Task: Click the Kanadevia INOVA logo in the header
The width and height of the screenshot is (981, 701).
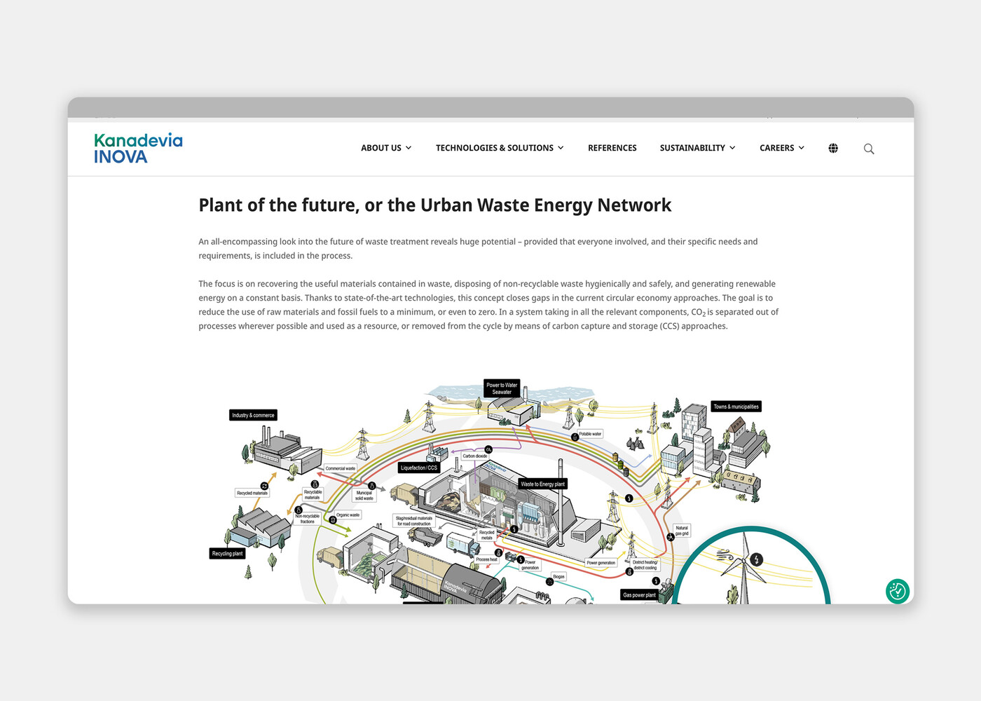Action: (x=138, y=149)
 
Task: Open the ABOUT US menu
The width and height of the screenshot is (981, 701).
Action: (x=386, y=148)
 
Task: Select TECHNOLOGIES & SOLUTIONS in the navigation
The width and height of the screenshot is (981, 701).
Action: (x=499, y=148)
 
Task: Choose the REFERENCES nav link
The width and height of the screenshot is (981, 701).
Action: (x=612, y=148)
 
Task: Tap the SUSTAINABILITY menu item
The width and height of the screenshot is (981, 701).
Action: (x=697, y=148)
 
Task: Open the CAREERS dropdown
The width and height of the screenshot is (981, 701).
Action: (x=781, y=148)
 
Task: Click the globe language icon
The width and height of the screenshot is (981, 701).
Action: (x=833, y=148)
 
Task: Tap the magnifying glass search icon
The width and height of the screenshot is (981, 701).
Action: (x=869, y=149)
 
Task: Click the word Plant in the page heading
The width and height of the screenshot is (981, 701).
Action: (x=220, y=205)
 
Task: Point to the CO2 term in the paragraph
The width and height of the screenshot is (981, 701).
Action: (x=698, y=313)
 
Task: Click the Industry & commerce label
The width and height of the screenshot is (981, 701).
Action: (x=253, y=415)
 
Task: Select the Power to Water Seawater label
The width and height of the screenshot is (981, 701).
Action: (x=502, y=388)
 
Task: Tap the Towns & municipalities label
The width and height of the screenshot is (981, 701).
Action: (x=736, y=407)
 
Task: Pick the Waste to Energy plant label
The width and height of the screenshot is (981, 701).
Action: (x=542, y=484)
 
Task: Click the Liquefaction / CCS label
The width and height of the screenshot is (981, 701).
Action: (x=419, y=468)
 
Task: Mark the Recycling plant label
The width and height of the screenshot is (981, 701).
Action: (x=227, y=553)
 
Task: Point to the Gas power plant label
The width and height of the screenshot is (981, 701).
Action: (x=639, y=595)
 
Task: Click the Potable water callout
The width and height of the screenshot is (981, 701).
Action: (x=590, y=434)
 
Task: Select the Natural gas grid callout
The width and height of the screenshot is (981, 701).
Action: (x=682, y=530)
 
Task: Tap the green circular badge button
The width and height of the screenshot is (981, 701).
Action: (x=897, y=591)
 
